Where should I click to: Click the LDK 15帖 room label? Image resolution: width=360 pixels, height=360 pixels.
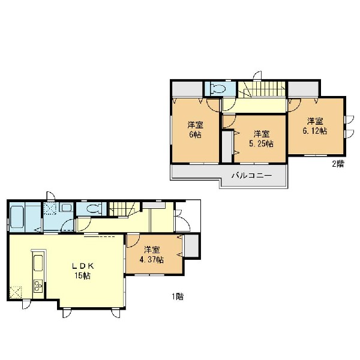(83, 271)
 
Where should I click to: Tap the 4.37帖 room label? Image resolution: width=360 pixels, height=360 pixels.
(152, 255)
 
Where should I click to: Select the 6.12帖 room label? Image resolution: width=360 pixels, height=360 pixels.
(315, 126)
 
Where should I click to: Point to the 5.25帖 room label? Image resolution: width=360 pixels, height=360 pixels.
(261, 139)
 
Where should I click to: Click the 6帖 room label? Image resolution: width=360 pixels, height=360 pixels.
(195, 130)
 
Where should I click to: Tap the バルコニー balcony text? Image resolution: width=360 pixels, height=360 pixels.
(251, 176)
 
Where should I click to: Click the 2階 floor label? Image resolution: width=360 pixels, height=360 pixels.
(338, 164)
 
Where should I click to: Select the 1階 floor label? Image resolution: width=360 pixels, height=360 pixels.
(178, 296)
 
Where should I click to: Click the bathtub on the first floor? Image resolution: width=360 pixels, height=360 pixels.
(17, 217)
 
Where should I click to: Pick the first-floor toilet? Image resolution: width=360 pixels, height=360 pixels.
(94, 209)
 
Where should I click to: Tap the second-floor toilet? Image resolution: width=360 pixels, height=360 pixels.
(218, 89)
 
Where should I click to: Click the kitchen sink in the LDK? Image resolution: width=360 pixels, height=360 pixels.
(38, 263)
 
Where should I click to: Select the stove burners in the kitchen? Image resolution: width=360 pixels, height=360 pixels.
(38, 286)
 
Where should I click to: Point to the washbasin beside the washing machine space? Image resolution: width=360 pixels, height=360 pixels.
(67, 208)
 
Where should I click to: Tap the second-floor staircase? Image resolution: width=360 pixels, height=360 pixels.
(262, 89)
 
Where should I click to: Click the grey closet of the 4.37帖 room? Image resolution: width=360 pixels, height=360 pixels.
(191, 245)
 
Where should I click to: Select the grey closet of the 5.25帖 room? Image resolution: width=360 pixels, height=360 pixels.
(227, 147)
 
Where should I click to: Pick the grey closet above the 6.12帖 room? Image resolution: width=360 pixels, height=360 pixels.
(303, 89)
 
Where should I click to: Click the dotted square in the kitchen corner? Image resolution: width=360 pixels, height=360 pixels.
(16, 293)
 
